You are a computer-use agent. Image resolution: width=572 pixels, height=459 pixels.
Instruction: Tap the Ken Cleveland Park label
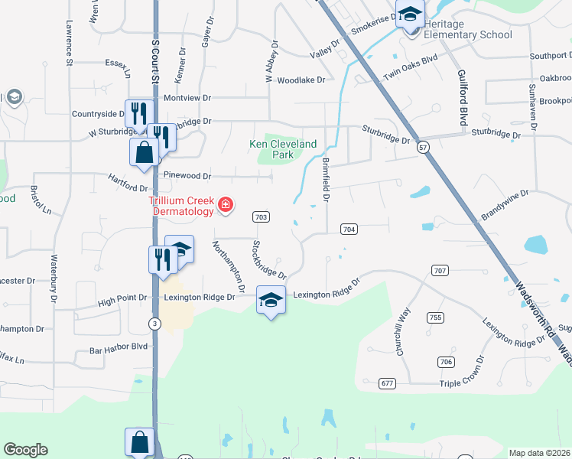283,149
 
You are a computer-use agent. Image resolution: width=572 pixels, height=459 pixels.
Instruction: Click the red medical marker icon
226,204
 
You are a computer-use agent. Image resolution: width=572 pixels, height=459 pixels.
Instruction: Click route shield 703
261,217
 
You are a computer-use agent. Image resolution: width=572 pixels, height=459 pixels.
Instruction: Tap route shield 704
349,229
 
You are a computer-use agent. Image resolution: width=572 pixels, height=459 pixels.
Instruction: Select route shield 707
440,271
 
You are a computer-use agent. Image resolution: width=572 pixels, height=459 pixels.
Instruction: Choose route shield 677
387,382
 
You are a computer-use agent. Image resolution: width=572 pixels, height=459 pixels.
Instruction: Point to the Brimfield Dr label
326,180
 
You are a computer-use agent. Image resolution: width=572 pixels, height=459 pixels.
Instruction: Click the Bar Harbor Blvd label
119,347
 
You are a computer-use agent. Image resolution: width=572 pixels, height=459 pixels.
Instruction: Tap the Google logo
25,450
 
